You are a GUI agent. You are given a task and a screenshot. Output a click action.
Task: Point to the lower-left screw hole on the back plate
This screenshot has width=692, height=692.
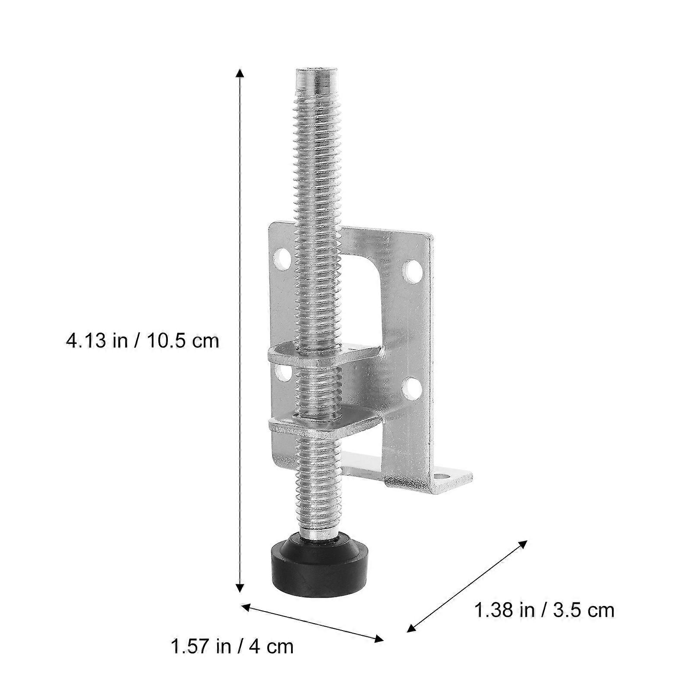(283, 373)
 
